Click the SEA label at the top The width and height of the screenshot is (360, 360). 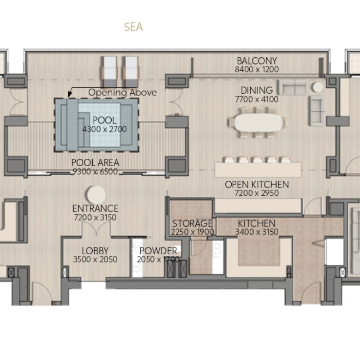[133, 27]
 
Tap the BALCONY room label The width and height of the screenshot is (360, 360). [257, 61]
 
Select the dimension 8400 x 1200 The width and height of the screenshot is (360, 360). [257, 69]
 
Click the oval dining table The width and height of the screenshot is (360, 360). [258, 123]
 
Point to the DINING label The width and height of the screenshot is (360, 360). [257, 90]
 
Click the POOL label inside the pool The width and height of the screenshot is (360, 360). [104, 120]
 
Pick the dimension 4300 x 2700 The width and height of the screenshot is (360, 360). [104, 129]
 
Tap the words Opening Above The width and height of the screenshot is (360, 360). [122, 92]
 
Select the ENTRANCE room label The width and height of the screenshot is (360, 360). [95, 209]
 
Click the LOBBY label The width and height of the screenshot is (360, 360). [95, 251]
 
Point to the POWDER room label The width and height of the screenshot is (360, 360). [158, 251]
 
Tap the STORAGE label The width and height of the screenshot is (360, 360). [192, 223]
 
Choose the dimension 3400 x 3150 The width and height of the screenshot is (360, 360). [257, 232]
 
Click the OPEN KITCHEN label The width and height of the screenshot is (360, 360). [257, 185]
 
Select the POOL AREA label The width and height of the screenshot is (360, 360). [95, 163]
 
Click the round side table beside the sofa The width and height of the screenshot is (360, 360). [318, 87]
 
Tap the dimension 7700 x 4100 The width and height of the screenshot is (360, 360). [257, 99]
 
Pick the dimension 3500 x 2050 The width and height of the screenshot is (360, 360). [95, 259]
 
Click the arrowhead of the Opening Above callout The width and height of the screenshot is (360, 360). [70, 94]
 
